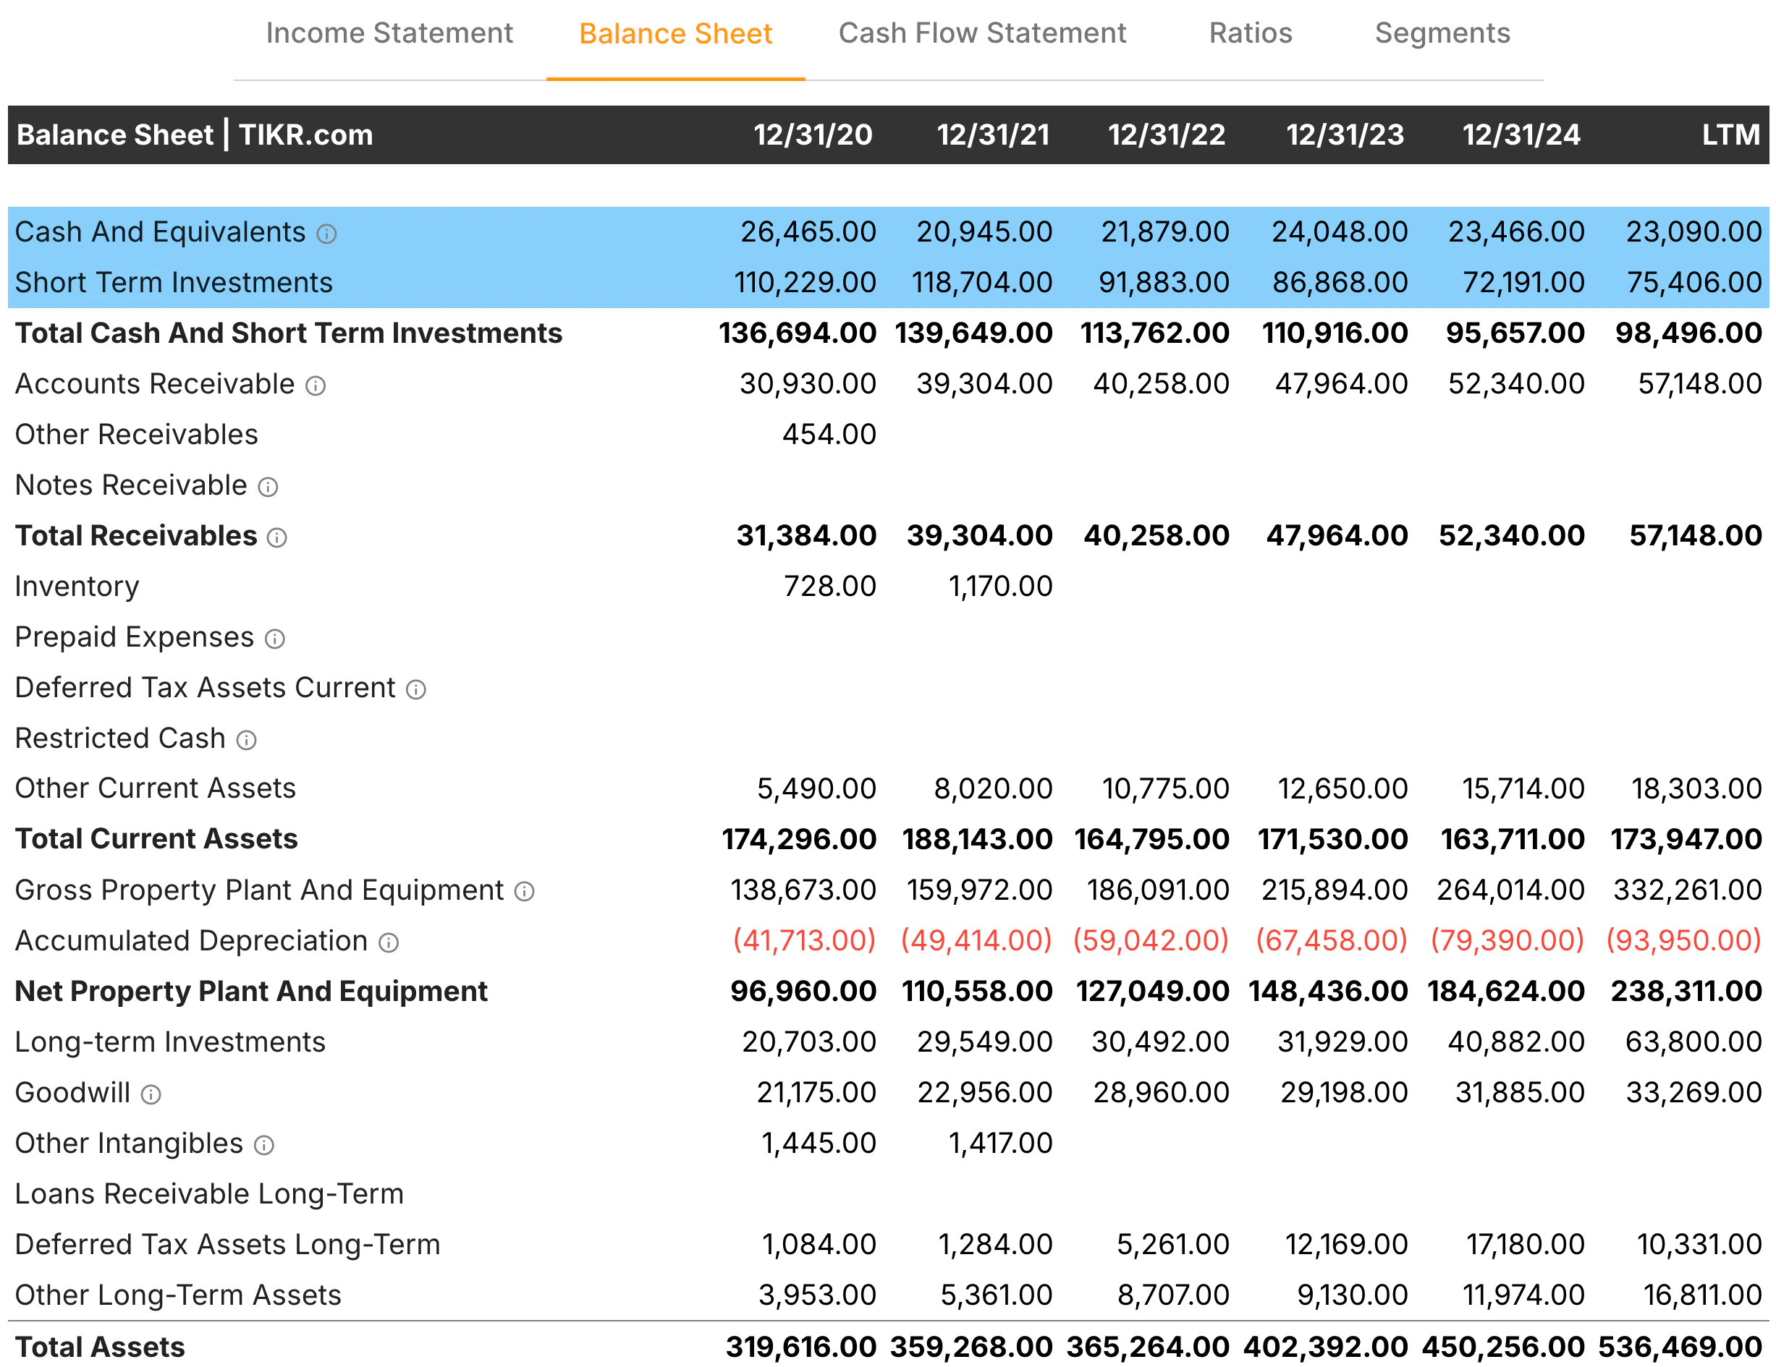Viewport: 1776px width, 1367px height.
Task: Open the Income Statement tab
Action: [389, 33]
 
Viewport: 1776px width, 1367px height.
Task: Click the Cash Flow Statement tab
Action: [981, 33]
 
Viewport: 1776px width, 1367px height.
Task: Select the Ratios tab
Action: [1250, 33]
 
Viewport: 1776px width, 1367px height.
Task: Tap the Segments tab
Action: [1442, 33]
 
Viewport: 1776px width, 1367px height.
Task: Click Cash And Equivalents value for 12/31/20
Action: [808, 232]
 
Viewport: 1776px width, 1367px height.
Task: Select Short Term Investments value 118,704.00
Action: [981, 283]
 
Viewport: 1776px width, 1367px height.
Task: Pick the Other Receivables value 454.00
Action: [829, 435]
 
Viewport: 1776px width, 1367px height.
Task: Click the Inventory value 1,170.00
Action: [1000, 587]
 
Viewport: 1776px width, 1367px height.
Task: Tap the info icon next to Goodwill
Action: [151, 1095]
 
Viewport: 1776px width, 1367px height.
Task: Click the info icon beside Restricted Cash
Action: [246, 741]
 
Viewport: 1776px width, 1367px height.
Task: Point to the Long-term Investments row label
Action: [170, 1043]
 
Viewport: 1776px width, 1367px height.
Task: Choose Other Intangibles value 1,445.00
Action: [818, 1144]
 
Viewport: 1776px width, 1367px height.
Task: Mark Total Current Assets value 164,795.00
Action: [1151, 840]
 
